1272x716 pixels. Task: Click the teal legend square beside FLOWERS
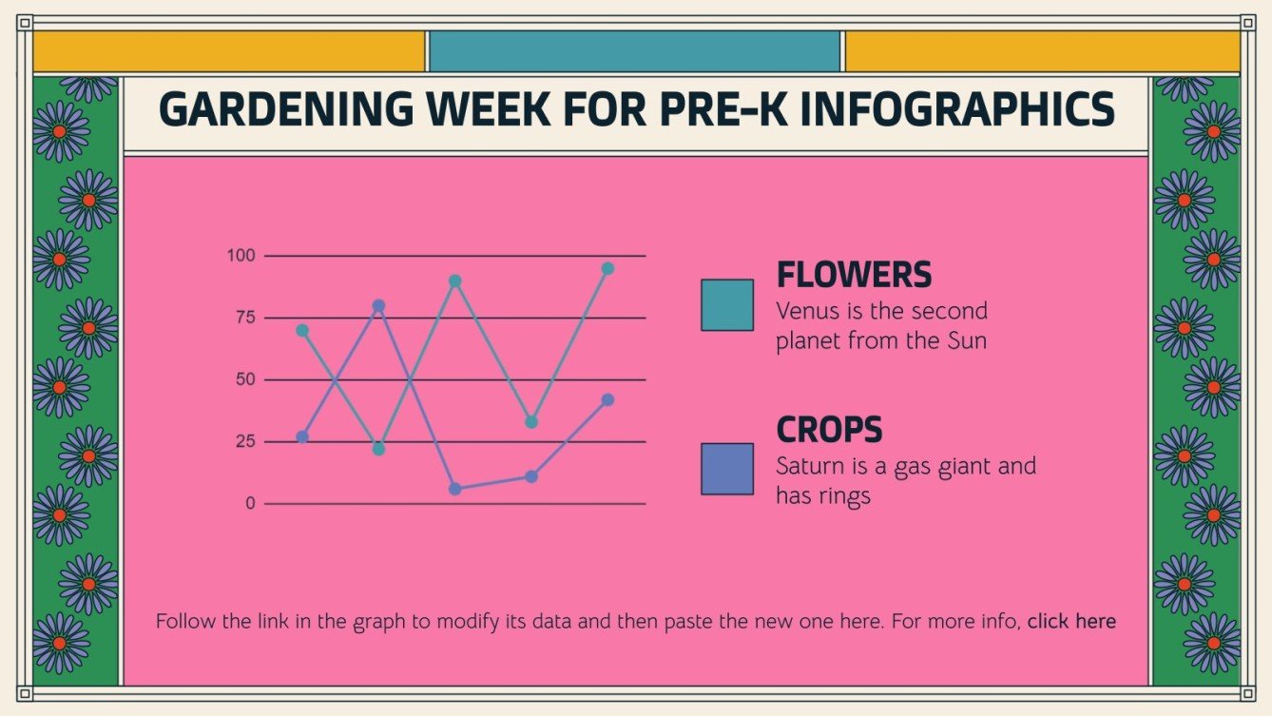(x=727, y=304)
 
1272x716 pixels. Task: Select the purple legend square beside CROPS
(x=727, y=469)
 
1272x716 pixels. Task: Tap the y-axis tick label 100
(x=241, y=256)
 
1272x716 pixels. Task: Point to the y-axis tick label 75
(x=245, y=318)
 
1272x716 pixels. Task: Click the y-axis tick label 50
(x=245, y=379)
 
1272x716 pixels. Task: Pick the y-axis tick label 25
(x=245, y=441)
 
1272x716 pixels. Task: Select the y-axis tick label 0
(x=251, y=503)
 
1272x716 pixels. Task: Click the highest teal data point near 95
(x=607, y=268)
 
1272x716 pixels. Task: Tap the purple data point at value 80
(x=378, y=306)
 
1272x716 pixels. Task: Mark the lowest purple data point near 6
(x=455, y=489)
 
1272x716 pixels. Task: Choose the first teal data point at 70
(x=302, y=330)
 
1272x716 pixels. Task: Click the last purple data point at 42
(x=607, y=400)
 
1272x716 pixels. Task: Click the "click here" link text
(x=1071, y=622)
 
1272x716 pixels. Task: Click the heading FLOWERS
(x=854, y=275)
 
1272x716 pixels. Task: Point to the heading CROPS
(x=829, y=430)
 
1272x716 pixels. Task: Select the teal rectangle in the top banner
(x=635, y=51)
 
